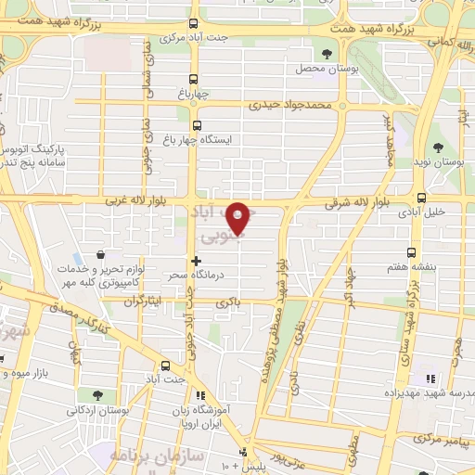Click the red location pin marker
[241, 217]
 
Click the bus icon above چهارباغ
[193, 79]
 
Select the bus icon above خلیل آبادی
[422, 197]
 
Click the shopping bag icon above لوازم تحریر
[100, 254]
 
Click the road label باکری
[227, 302]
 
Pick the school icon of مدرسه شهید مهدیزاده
[430, 378]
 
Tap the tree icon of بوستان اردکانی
[97, 395]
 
